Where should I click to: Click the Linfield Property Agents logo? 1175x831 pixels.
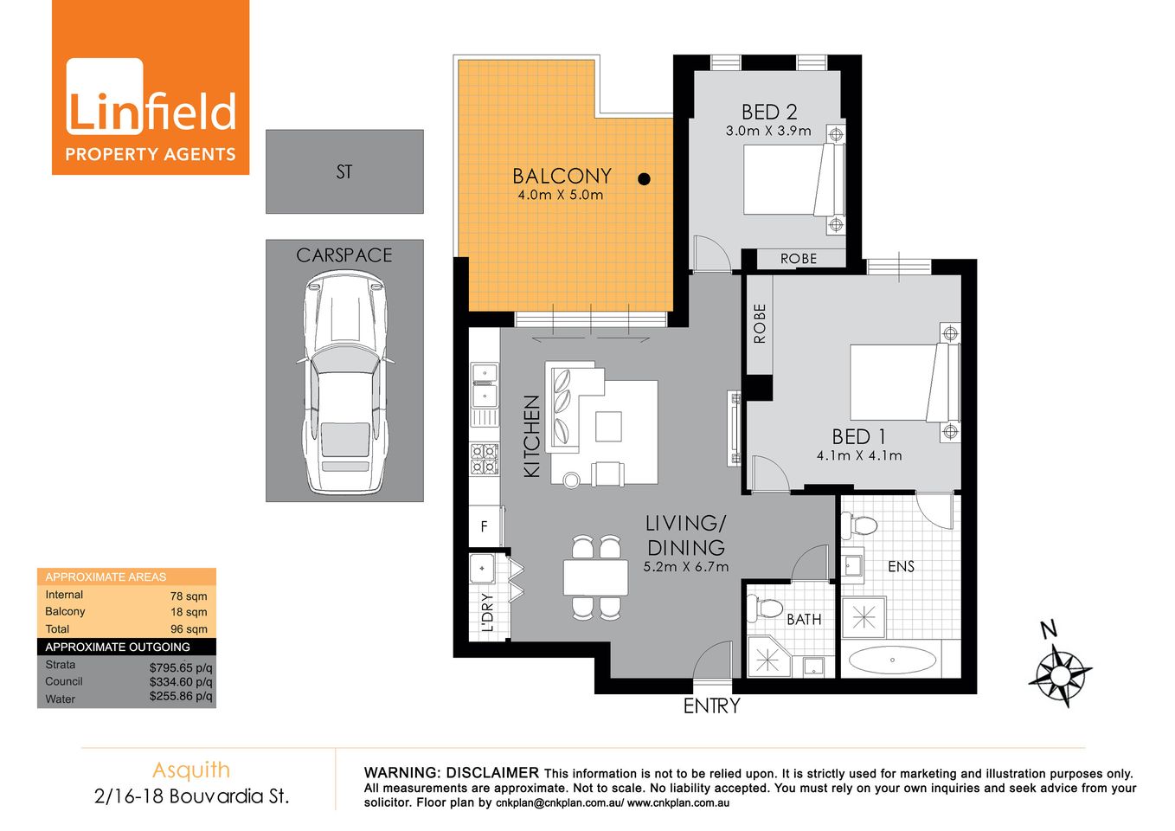[151, 88]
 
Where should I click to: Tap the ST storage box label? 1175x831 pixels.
[344, 172]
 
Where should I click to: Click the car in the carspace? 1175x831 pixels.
[344, 381]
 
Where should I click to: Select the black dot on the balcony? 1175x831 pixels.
[644, 179]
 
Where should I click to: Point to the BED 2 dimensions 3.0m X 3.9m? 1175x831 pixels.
[768, 132]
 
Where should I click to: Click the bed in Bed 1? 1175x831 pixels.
[900, 383]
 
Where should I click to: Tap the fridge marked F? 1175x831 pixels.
[485, 526]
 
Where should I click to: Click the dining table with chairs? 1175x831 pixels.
[596, 577]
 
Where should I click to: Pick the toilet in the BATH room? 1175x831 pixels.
[767, 608]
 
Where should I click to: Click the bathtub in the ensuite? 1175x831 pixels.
[892, 661]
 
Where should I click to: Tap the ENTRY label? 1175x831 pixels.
[712, 706]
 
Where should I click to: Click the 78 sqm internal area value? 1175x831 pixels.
[189, 596]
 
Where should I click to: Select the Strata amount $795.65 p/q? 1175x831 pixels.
[181, 667]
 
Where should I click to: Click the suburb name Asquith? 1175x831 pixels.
[191, 770]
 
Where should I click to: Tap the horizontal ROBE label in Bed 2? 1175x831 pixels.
[798, 259]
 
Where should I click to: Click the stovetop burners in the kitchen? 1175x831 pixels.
[485, 459]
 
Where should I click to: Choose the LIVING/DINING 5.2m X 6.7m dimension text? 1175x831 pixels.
[686, 568]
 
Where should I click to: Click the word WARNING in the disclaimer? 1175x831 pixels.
[401, 773]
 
